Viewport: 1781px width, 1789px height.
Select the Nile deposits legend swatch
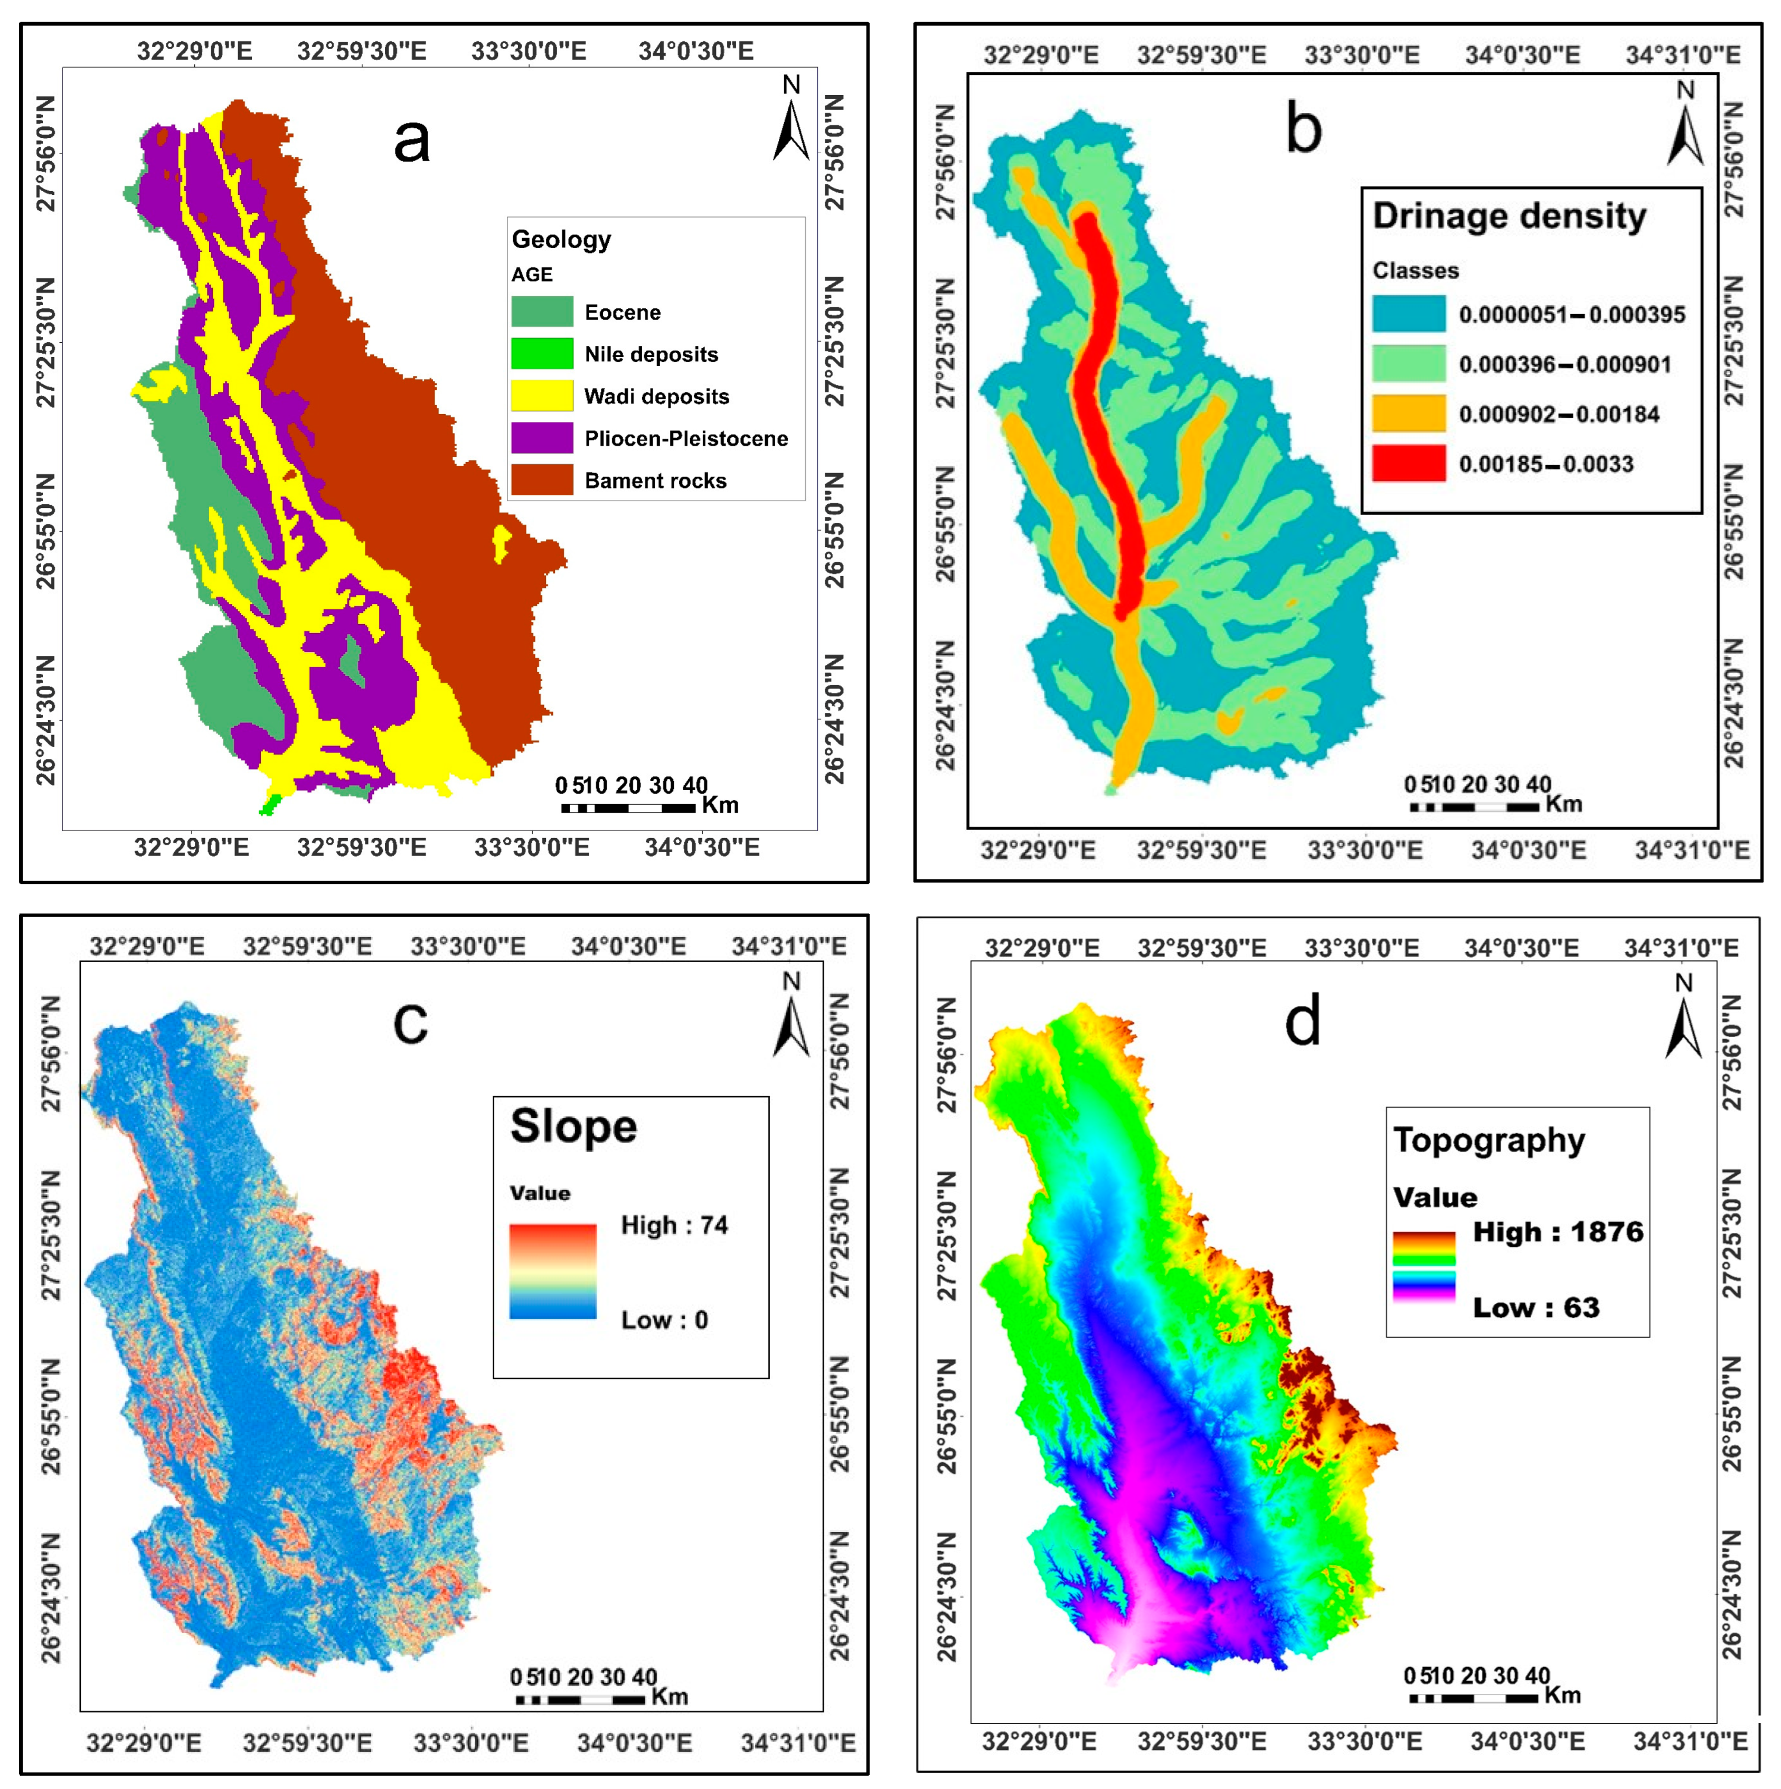tap(542, 354)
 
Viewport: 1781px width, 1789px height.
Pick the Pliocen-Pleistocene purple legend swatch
tap(542, 438)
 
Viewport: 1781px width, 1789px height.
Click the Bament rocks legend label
tap(655, 481)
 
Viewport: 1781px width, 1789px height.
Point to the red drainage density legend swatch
tap(1408, 463)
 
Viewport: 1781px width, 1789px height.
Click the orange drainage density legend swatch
tap(1408, 413)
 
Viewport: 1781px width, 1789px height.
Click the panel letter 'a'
tap(411, 141)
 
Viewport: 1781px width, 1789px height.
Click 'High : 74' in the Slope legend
tap(674, 1225)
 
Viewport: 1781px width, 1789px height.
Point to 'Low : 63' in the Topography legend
tap(1535, 1307)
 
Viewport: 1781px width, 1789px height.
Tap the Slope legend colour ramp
tap(553, 1272)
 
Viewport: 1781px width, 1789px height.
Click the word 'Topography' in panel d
tap(1488, 1140)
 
